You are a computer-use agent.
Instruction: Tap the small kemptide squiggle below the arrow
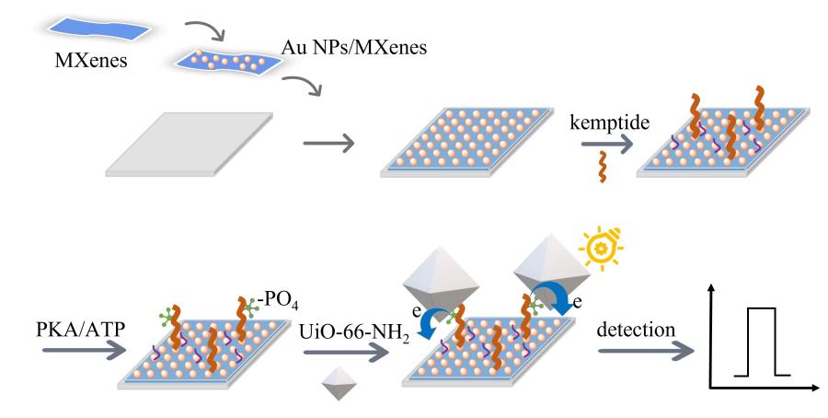pos(604,168)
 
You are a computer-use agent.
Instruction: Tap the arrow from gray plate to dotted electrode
pos(328,144)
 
